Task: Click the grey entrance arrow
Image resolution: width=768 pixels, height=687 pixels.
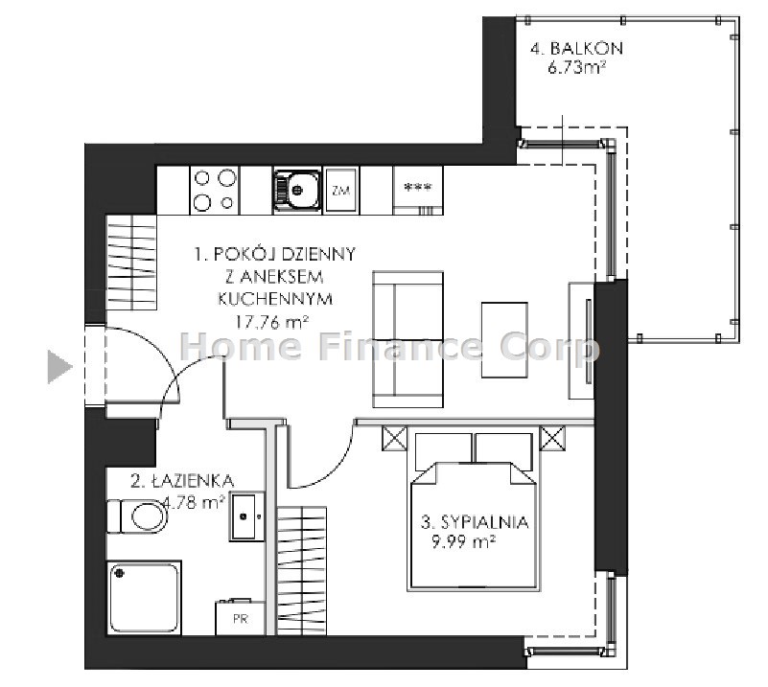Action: pyautogui.click(x=59, y=367)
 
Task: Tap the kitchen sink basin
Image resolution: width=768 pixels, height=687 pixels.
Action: pyautogui.click(x=297, y=190)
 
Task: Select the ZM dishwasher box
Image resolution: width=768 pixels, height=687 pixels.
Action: pyautogui.click(x=341, y=190)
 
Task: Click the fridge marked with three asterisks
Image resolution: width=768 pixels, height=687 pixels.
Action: pyautogui.click(x=418, y=190)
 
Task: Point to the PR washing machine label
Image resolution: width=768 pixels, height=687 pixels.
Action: pyautogui.click(x=241, y=619)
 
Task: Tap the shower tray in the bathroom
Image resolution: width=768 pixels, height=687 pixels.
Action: pyautogui.click(x=144, y=598)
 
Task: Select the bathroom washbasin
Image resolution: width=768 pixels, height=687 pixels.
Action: pyautogui.click(x=246, y=516)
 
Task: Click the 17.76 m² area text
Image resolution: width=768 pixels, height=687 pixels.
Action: pyautogui.click(x=272, y=322)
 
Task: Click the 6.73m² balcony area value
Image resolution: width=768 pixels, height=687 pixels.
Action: pyautogui.click(x=576, y=67)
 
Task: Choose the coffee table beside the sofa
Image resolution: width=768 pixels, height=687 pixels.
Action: pyautogui.click(x=504, y=340)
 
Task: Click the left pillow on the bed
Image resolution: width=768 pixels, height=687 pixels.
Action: pyautogui.click(x=443, y=451)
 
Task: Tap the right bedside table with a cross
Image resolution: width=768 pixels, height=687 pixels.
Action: pyautogui.click(x=552, y=438)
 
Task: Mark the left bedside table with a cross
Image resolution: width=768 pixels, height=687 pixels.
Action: pyautogui.click(x=394, y=438)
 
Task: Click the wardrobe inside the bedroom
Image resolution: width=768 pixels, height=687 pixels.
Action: pyautogui.click(x=302, y=570)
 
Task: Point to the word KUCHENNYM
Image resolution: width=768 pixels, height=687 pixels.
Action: pyautogui.click(x=275, y=299)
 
